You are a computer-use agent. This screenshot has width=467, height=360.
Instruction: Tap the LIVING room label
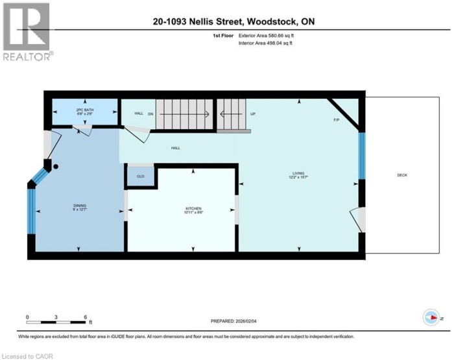click(298, 173)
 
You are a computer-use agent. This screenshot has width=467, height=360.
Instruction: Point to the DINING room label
click(78, 206)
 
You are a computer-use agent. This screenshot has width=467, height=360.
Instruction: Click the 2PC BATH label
click(85, 110)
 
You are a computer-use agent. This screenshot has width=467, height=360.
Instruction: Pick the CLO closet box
click(140, 176)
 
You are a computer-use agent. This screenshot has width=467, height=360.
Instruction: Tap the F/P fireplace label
click(336, 120)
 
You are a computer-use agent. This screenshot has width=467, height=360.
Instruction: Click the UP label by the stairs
click(253, 114)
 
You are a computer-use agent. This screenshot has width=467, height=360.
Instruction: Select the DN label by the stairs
click(150, 114)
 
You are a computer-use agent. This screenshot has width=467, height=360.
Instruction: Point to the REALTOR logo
click(26, 32)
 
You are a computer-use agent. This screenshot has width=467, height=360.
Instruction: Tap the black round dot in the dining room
click(56, 167)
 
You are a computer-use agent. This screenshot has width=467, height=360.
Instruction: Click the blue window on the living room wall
click(362, 155)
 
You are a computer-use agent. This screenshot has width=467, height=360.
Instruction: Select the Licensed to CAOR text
click(27, 356)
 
